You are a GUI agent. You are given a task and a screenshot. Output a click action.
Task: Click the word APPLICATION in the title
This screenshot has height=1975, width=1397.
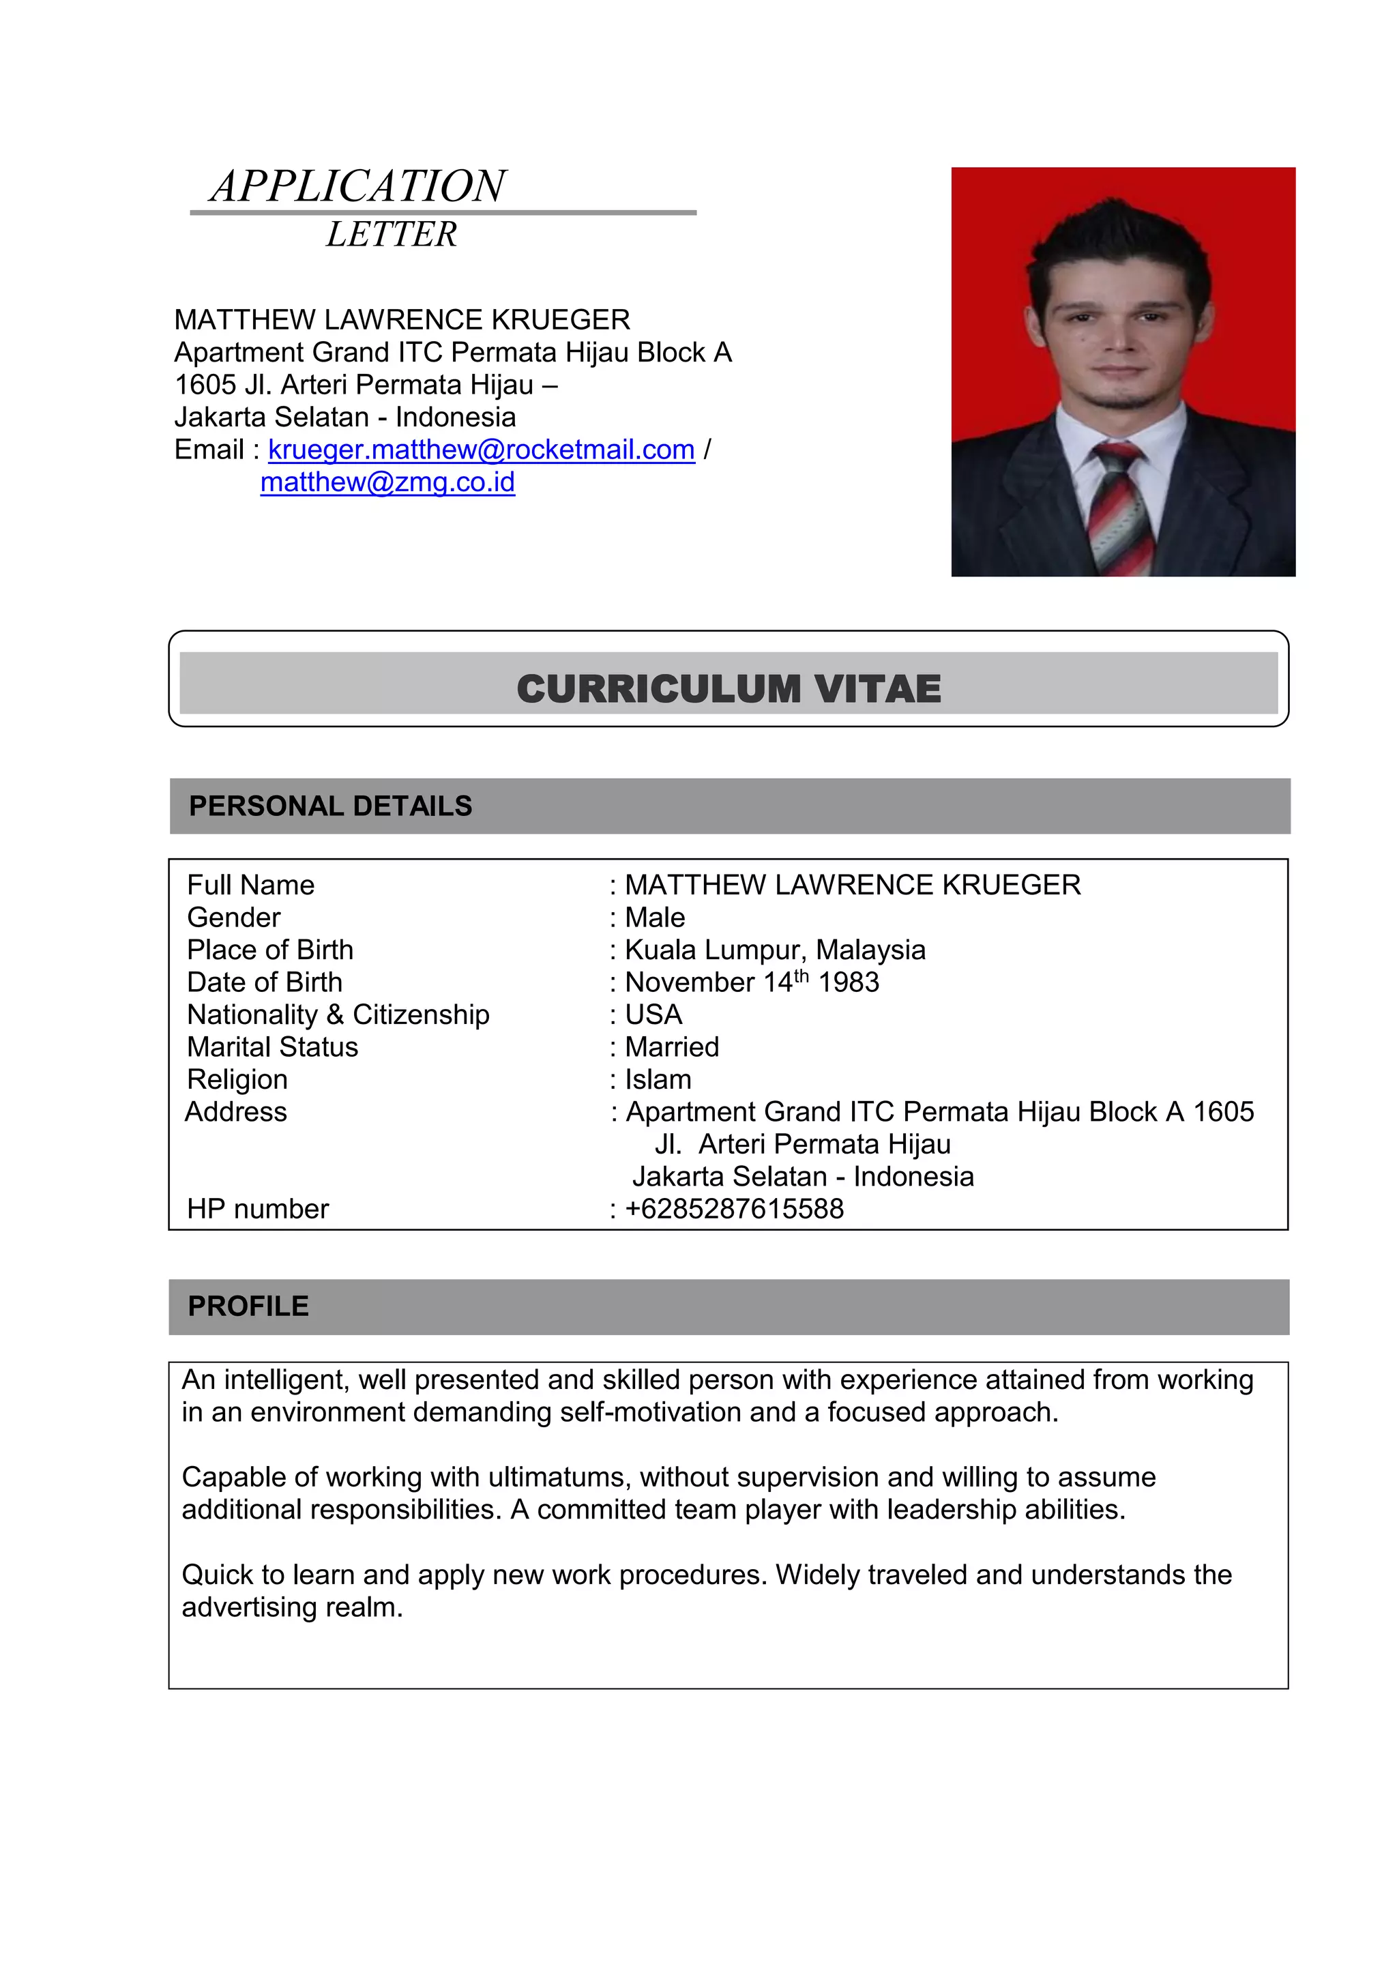(359, 187)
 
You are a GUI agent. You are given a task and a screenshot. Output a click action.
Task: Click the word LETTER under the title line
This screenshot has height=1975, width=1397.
(392, 235)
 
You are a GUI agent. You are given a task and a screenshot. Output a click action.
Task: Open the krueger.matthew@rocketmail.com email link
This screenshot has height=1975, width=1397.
(481, 450)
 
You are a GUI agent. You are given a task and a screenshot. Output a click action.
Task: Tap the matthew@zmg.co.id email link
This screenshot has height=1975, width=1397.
(387, 482)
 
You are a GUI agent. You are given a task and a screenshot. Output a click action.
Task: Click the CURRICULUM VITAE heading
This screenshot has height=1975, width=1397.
(728, 689)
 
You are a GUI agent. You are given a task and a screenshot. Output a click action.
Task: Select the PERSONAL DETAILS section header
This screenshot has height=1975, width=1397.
(330, 806)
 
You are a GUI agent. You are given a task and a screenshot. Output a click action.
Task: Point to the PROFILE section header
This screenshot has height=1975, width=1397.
(248, 1306)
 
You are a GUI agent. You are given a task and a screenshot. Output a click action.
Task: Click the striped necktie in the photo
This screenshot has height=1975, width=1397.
(1121, 508)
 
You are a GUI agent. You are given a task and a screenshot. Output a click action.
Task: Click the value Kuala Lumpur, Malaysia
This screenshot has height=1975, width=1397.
(774, 950)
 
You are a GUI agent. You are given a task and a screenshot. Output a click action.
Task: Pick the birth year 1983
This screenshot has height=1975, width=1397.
(848, 982)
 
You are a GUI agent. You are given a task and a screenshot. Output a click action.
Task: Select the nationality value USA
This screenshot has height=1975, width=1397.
(653, 1015)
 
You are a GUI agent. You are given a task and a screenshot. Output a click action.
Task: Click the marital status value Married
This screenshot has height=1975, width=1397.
(672, 1047)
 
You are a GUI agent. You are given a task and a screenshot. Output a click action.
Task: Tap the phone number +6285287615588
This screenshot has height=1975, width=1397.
(734, 1209)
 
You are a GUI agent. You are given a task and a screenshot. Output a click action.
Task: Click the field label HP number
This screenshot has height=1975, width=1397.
(258, 1209)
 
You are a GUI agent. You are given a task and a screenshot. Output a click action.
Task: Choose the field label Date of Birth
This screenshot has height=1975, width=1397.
(265, 982)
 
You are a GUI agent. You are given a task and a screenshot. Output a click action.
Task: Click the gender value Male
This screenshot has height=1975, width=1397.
(655, 918)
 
